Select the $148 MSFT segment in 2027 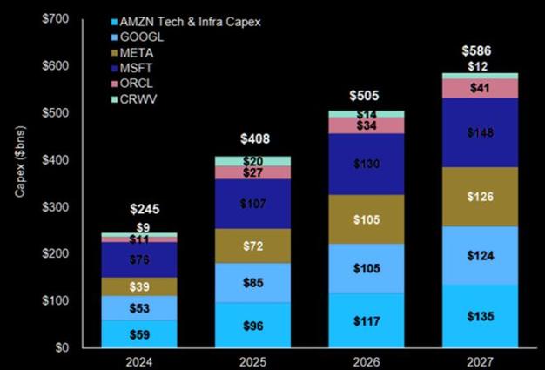480,132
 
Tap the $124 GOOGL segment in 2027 480,256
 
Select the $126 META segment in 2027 480,197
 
